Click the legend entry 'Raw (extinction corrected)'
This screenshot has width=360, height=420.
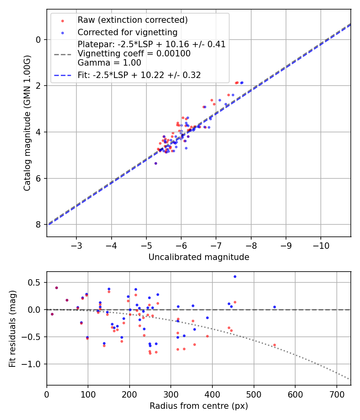(x=132, y=20)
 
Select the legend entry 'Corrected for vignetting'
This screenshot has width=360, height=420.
(x=127, y=32)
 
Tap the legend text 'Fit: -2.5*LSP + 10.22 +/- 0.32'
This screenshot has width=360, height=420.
(x=139, y=75)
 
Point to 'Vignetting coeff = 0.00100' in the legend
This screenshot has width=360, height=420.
(x=134, y=53)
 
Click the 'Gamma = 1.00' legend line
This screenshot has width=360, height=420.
(x=109, y=62)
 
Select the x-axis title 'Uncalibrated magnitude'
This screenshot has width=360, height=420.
(x=199, y=257)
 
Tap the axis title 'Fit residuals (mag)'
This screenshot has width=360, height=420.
(x=12, y=329)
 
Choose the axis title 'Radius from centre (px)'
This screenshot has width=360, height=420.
(x=199, y=406)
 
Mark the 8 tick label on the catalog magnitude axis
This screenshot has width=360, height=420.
(x=39, y=225)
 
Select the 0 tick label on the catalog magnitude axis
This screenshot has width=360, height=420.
(x=39, y=40)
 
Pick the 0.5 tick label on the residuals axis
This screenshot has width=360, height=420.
(x=36, y=282)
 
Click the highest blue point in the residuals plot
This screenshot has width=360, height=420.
(x=235, y=276)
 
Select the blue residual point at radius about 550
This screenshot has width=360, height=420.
(x=274, y=307)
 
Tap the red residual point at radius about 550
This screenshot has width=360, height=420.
(x=274, y=345)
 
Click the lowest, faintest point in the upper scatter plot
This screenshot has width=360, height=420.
(x=156, y=163)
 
